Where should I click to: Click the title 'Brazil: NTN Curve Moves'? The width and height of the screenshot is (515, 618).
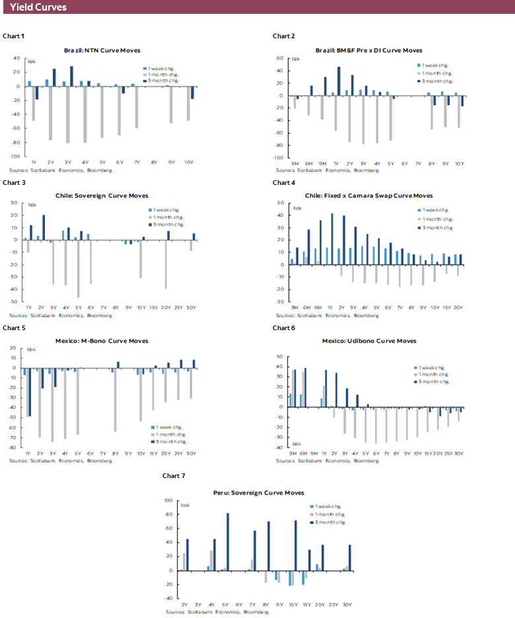pyautogui.click(x=102, y=50)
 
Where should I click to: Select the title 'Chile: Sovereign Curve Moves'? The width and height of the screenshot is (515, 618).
pyautogui.click(x=102, y=195)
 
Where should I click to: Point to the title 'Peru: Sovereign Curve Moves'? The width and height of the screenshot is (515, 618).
pyautogui.click(x=258, y=493)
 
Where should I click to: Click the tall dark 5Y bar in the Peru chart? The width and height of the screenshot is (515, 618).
pyautogui.click(x=228, y=541)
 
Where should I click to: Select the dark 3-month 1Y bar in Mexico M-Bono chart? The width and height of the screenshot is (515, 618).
pyautogui.click(x=29, y=392)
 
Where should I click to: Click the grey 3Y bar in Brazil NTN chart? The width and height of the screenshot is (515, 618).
pyautogui.click(x=67, y=114)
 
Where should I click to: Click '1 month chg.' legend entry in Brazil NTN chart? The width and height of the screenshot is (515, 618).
pyautogui.click(x=163, y=74)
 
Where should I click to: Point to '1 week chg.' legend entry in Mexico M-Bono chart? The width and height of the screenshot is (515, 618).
pyautogui.click(x=163, y=426)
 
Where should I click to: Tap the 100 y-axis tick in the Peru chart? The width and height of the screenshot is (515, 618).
pyautogui.click(x=169, y=500)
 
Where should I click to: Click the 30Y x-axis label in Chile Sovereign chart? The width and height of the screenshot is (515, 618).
pyautogui.click(x=192, y=308)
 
